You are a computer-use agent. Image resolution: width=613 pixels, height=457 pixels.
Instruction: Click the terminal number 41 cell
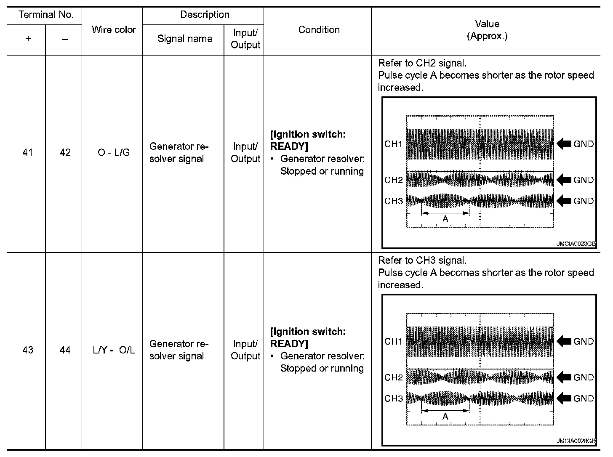point(28,153)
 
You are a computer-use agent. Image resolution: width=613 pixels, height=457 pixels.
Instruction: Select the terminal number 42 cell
point(65,153)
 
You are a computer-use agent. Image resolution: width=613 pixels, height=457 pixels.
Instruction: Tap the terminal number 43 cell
point(28,350)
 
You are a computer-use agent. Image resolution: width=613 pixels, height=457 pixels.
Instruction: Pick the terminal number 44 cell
point(65,350)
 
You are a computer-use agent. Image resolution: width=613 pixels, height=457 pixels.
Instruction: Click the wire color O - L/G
point(114,153)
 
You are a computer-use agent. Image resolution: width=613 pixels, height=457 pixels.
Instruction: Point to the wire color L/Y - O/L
point(114,350)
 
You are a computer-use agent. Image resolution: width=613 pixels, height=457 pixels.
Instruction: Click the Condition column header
point(319,30)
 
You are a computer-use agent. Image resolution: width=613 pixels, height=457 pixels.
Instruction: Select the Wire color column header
point(114,30)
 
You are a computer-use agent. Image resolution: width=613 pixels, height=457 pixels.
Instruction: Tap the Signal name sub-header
point(184,39)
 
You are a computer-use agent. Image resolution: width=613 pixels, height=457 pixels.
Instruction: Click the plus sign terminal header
point(28,39)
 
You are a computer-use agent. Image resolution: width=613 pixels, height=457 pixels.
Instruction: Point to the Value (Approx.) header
point(487,30)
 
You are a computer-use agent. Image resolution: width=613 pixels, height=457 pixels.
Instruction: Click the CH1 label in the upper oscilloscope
point(393,144)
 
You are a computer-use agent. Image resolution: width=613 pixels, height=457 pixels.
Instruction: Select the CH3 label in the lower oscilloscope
point(393,399)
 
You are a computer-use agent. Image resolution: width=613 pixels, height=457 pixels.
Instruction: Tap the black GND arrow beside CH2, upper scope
point(564,180)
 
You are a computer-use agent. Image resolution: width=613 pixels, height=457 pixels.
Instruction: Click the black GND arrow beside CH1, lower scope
point(564,341)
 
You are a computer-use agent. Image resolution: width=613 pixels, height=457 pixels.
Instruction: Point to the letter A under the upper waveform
point(445,219)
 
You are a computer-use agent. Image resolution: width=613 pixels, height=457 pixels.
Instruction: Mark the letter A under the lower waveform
point(445,417)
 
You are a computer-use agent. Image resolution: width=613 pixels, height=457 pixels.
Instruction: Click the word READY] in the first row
point(289,146)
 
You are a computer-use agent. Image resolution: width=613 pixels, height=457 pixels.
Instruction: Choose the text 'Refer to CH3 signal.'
point(422,260)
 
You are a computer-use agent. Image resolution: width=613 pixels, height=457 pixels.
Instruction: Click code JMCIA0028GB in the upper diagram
point(576,244)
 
